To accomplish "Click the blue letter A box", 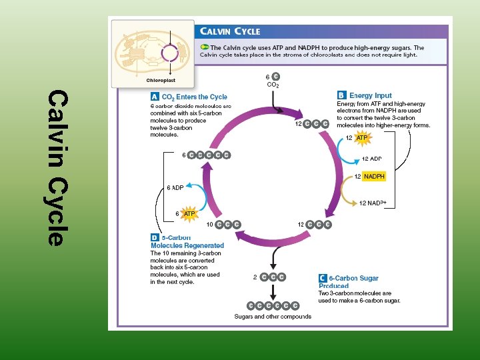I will [x=155, y=97].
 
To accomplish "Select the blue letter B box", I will [x=341, y=95].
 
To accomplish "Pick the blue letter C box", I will [x=323, y=278].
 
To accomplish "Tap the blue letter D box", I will [x=155, y=237].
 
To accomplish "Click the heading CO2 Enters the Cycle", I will [x=195, y=97].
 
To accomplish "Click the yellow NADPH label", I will [x=374, y=176].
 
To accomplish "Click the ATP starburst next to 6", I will [x=189, y=213].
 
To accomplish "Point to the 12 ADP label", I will [x=372, y=159].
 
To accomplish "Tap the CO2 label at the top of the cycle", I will [x=273, y=85].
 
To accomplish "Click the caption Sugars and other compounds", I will [x=273, y=317].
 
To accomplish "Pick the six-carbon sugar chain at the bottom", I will [x=273, y=305].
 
